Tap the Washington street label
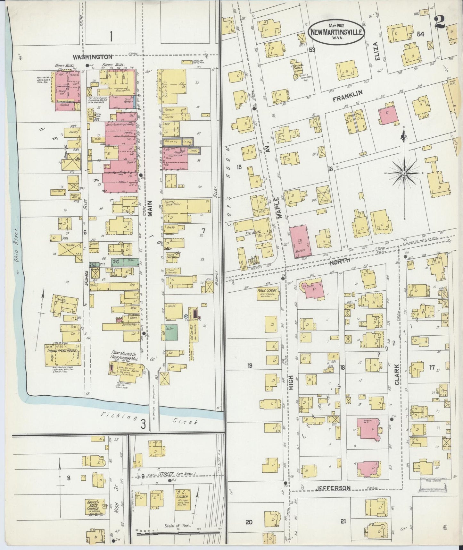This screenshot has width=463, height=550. click(x=92, y=57)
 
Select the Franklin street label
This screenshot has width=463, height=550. click(x=347, y=96)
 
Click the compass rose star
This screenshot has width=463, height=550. click(x=404, y=173)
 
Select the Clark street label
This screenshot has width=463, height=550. click(x=397, y=374)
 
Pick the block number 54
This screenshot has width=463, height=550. click(x=420, y=34)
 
